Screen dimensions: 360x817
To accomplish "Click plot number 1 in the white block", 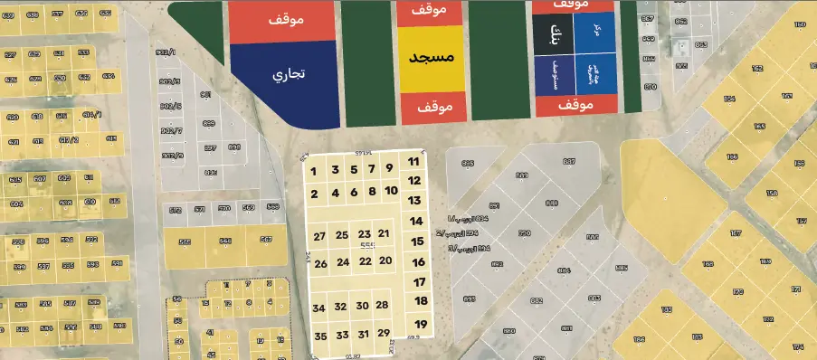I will coord(313,171).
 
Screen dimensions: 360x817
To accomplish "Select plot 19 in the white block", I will coord(421,324).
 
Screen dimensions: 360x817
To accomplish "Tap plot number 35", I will coord(320,336).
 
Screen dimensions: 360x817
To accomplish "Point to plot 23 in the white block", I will coord(365,234).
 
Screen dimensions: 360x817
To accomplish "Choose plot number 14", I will coord(417,221).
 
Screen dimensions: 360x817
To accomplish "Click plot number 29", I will coord(384,334).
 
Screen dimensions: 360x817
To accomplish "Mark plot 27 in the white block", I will coord(319,236).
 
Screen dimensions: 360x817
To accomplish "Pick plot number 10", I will coord(391,191).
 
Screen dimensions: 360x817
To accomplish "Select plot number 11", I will coord(413,162).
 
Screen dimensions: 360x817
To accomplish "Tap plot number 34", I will coord(318,308).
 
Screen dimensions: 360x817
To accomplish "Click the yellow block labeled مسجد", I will coord(432,57).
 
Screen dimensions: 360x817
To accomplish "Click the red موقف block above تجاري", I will coord(283,21).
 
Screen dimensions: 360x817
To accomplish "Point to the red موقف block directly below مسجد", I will coord(432,107).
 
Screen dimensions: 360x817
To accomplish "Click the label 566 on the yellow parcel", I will coord(225,241).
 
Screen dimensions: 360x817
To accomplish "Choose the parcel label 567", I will coord(266,240).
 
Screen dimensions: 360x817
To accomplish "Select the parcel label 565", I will coord(185,242).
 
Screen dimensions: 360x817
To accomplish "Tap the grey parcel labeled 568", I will coord(272,207).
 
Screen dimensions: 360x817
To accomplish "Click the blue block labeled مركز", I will coord(596,32).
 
